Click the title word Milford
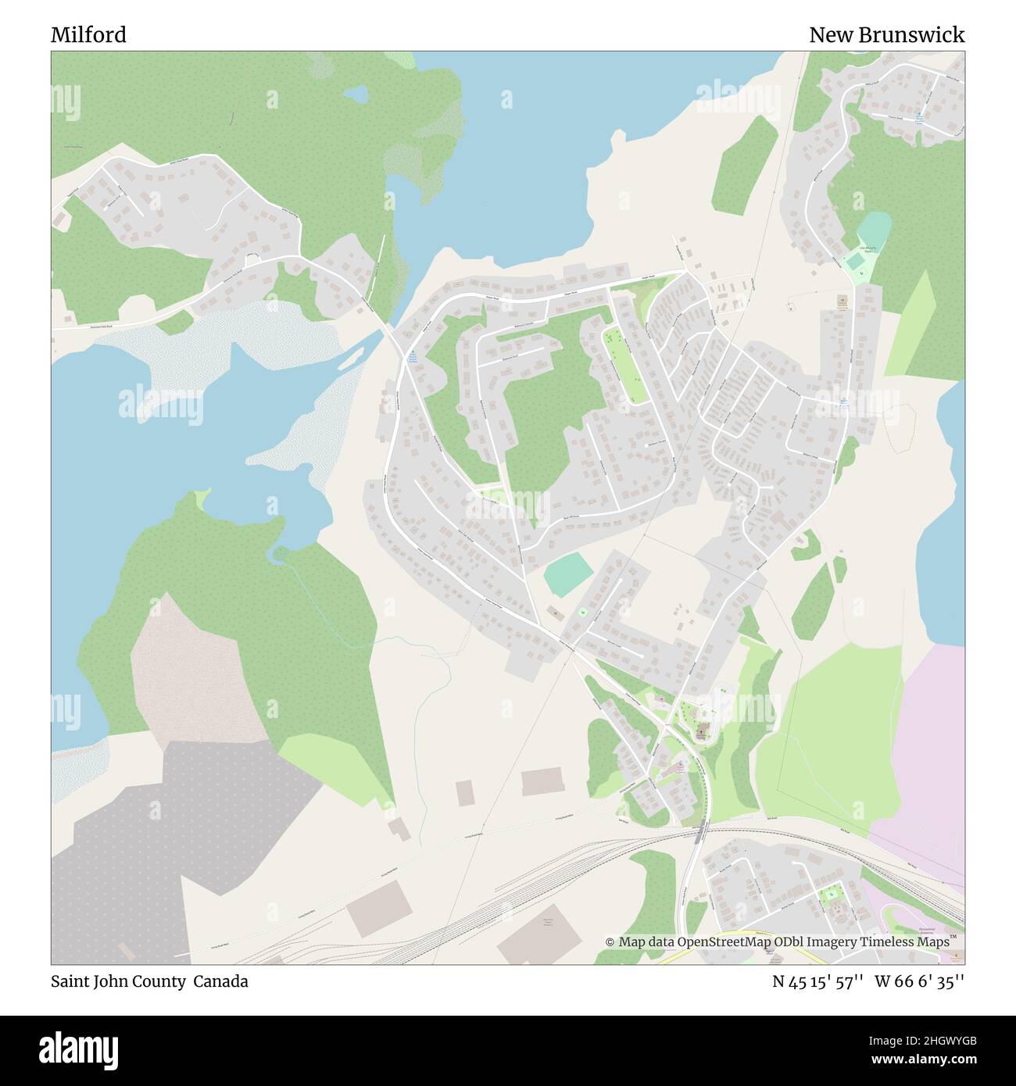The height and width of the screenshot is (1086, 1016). (88, 35)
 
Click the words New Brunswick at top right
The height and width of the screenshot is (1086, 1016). (886, 35)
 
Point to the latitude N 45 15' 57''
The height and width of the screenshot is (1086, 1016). (817, 981)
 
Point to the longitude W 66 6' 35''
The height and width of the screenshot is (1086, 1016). (920, 981)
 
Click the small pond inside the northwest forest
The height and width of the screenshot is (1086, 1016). (356, 95)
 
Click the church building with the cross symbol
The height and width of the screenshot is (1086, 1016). (701, 729)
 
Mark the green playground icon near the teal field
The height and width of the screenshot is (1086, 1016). (582, 611)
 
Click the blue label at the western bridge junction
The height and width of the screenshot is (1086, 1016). (412, 358)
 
